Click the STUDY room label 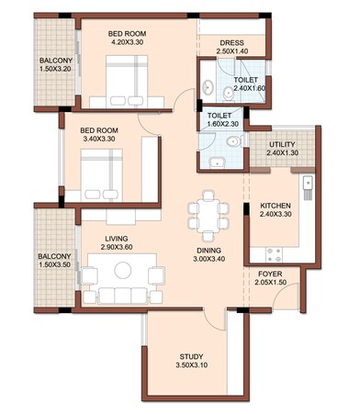point(191,357)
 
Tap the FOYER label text point(270,273)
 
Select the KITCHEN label point(276,206)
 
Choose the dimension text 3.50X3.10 point(191,367)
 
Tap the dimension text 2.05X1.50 point(270,284)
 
